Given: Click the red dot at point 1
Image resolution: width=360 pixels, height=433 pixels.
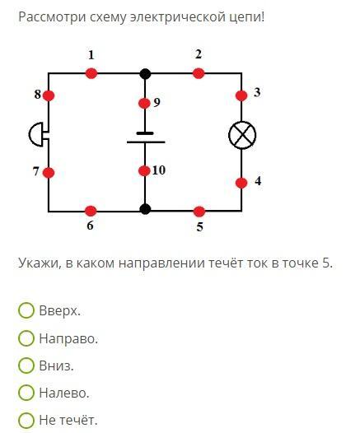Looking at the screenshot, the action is (91, 74).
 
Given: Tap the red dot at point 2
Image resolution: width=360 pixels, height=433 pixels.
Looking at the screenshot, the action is (199, 74).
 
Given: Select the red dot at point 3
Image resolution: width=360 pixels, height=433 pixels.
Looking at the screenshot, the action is (241, 95).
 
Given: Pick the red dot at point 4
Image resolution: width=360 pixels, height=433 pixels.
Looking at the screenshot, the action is (241, 183).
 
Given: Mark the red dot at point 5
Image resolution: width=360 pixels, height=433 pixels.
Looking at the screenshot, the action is (199, 212).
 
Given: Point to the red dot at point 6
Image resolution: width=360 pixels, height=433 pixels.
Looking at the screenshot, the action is (91, 212).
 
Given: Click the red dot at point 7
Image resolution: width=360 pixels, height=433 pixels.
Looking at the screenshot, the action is (49, 173).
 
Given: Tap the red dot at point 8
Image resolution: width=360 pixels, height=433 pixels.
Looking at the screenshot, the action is (49, 95).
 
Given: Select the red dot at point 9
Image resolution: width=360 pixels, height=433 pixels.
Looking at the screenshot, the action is (144, 104).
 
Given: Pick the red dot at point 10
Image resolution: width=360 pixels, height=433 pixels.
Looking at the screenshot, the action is (144, 171).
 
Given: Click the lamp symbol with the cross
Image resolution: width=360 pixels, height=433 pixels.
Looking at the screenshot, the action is (242, 135).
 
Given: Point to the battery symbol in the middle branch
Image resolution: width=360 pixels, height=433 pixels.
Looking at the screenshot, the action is (146, 137).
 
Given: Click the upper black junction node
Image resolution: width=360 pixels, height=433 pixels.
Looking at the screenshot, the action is (145, 74).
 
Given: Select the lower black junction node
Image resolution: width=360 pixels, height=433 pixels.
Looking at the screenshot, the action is (145, 209).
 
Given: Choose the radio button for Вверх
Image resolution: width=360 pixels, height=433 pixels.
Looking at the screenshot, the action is (26, 310).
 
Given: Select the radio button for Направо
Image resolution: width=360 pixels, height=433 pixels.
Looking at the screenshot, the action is (26, 338).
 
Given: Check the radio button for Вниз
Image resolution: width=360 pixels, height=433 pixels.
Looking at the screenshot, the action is (26, 365).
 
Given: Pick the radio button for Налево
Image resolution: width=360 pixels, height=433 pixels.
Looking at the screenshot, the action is (26, 393).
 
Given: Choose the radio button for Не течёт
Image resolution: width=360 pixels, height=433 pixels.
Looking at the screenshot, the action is (26, 420).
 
